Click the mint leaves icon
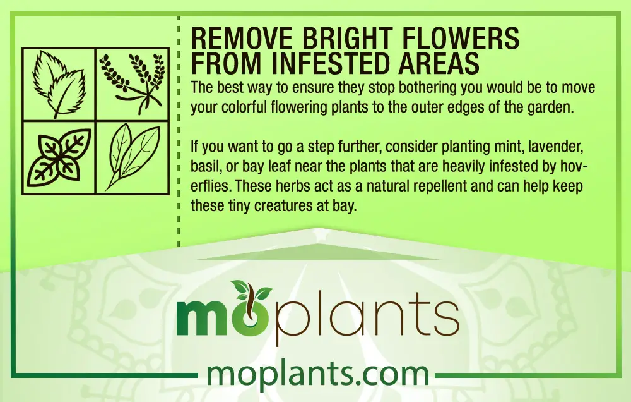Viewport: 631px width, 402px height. tap(59, 83)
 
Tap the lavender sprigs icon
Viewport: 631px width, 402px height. tap(133, 84)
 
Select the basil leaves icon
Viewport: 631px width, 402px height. tap(59, 158)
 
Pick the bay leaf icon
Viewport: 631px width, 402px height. tap(132, 157)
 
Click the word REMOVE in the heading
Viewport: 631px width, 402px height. tap(242, 39)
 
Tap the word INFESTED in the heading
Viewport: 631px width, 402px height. tap(332, 63)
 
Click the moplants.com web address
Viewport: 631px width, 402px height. tap(317, 375)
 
